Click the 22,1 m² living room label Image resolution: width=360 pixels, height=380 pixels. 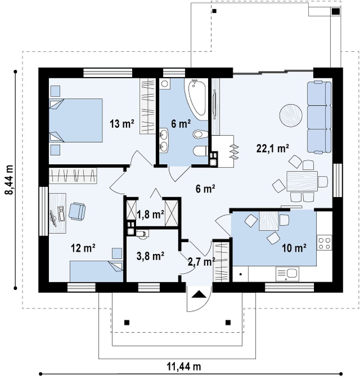(x=272, y=148)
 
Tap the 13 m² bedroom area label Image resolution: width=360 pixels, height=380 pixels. (x=122, y=124)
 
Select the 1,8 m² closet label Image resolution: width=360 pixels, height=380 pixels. (x=150, y=215)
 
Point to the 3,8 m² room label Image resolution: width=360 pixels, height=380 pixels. (x=150, y=256)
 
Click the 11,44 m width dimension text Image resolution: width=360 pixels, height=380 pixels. (x=184, y=367)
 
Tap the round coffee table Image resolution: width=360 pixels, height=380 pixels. (x=290, y=115)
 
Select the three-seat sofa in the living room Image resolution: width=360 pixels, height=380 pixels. (x=319, y=117)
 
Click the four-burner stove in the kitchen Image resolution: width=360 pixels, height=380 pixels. (x=324, y=243)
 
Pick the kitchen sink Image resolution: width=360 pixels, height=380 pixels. (x=287, y=274)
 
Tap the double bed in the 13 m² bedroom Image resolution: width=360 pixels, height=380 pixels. (x=76, y=120)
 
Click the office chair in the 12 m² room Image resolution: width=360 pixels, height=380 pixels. (x=77, y=211)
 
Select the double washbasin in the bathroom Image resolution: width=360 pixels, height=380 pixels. (x=164, y=140)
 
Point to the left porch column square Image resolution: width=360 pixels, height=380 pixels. (x=127, y=323)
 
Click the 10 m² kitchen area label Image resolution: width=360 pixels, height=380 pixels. (x=294, y=248)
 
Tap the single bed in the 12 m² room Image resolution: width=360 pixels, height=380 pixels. (x=97, y=271)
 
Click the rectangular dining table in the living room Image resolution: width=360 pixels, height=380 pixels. (x=302, y=181)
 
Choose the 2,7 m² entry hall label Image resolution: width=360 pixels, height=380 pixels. (x=202, y=262)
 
